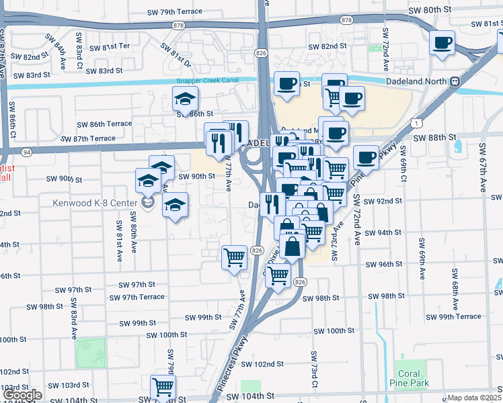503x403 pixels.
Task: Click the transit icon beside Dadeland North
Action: [x=455, y=81]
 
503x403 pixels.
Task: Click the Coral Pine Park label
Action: [x=409, y=379]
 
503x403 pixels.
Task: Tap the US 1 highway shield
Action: [x=419, y=123]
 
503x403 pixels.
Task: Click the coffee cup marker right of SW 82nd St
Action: [x=442, y=44]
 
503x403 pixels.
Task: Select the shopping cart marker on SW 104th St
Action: [x=163, y=388]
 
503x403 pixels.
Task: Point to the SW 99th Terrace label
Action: [x=453, y=316]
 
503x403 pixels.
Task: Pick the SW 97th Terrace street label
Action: [x=137, y=297]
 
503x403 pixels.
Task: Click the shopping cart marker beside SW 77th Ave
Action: [x=234, y=257]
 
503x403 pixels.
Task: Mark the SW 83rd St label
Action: [x=102, y=71]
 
